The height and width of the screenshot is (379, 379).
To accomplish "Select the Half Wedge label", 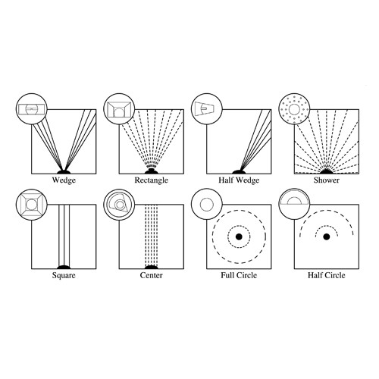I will pyautogui.click(x=238, y=181).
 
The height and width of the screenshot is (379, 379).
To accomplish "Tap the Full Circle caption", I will pyautogui.click(x=238, y=276).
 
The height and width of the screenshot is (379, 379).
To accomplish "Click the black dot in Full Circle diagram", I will pyautogui.click(x=239, y=237).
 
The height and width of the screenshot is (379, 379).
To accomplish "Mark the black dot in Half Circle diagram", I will pyautogui.click(x=327, y=237).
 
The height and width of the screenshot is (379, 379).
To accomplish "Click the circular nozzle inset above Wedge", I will pyautogui.click(x=29, y=108).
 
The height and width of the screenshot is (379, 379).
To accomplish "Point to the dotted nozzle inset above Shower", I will pyautogui.click(x=293, y=108).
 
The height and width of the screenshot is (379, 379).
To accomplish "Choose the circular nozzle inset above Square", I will pyautogui.click(x=29, y=203).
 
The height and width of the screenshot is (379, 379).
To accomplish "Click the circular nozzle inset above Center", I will pyautogui.click(x=117, y=203).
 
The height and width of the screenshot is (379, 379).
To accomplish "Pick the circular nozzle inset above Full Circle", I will pyautogui.click(x=205, y=203).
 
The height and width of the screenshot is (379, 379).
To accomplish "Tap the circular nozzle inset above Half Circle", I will pyautogui.click(x=293, y=203).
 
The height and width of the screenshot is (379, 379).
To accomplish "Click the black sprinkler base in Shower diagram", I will pyautogui.click(x=327, y=171).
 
